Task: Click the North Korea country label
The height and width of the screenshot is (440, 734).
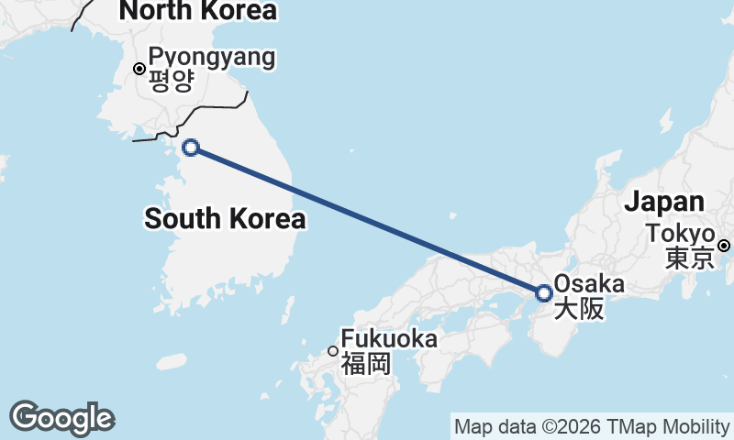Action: click(x=197, y=11)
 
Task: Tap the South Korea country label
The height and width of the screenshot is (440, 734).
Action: click(x=225, y=219)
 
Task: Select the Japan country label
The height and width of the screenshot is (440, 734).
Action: click(x=665, y=202)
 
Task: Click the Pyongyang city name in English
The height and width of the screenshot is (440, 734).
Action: click(x=211, y=58)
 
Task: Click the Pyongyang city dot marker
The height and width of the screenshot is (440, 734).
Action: click(x=139, y=68)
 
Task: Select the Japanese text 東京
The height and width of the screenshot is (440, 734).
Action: click(x=689, y=258)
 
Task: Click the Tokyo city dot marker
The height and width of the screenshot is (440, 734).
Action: click(x=724, y=245)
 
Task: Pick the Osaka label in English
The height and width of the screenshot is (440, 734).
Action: click(x=589, y=284)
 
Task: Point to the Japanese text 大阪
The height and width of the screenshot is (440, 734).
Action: click(x=580, y=309)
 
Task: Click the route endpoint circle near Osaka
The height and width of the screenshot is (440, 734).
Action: click(x=544, y=293)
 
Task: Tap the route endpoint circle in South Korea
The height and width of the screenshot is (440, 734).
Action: click(x=191, y=147)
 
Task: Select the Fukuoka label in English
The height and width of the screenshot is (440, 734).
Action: click(x=389, y=338)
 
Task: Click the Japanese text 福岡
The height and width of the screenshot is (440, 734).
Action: click(x=366, y=363)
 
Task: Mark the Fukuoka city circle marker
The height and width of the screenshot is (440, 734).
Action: click(x=333, y=350)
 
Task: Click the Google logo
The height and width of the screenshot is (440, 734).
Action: click(x=61, y=419)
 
